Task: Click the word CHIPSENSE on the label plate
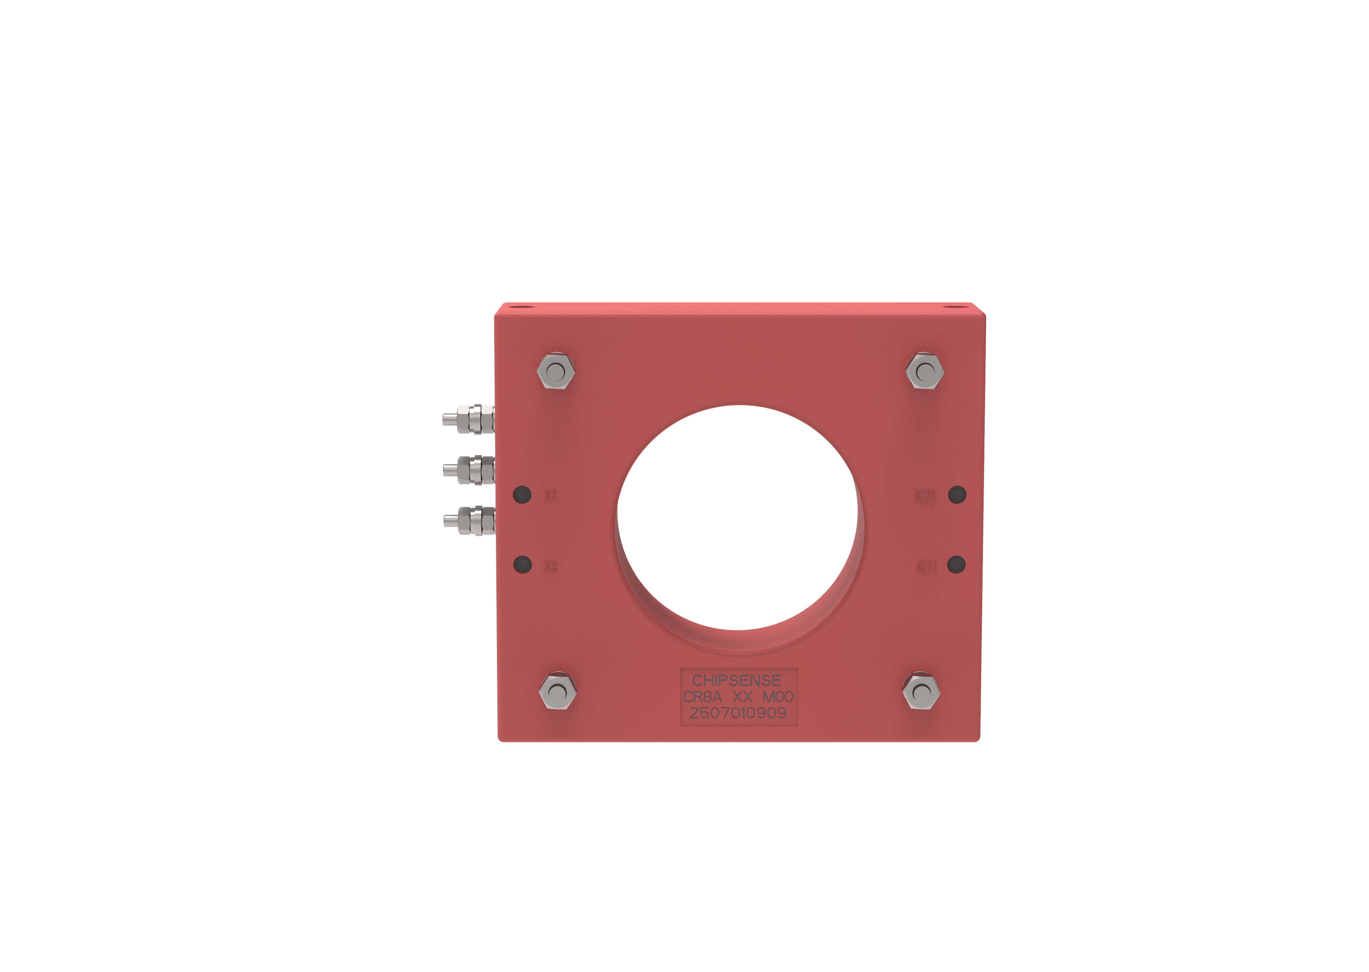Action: point(737,681)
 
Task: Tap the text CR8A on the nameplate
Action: point(702,697)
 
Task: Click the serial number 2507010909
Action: point(738,713)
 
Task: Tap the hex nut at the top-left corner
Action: point(556,372)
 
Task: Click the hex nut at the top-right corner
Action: point(925,372)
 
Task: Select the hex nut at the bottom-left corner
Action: point(558,692)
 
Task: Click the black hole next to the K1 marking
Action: point(522,494)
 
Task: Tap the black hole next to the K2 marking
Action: point(522,564)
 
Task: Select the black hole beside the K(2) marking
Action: point(957,494)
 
